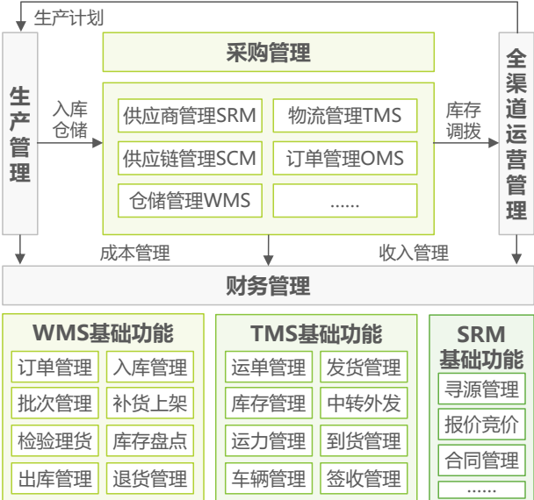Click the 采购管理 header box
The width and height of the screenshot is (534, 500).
(x=268, y=54)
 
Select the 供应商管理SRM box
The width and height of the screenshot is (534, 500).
(x=189, y=116)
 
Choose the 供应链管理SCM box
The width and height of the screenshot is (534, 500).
(x=189, y=158)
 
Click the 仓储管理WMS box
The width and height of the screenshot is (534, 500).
(x=189, y=200)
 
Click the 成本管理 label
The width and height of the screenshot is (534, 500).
(x=134, y=254)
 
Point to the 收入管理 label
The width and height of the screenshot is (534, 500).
(x=414, y=254)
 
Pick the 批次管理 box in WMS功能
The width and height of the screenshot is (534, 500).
(x=54, y=404)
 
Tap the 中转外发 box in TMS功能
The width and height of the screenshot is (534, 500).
(x=364, y=404)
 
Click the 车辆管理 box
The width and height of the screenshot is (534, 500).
(x=268, y=479)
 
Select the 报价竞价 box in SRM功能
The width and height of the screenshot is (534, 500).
(x=480, y=424)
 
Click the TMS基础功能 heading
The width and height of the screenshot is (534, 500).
(x=315, y=333)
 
